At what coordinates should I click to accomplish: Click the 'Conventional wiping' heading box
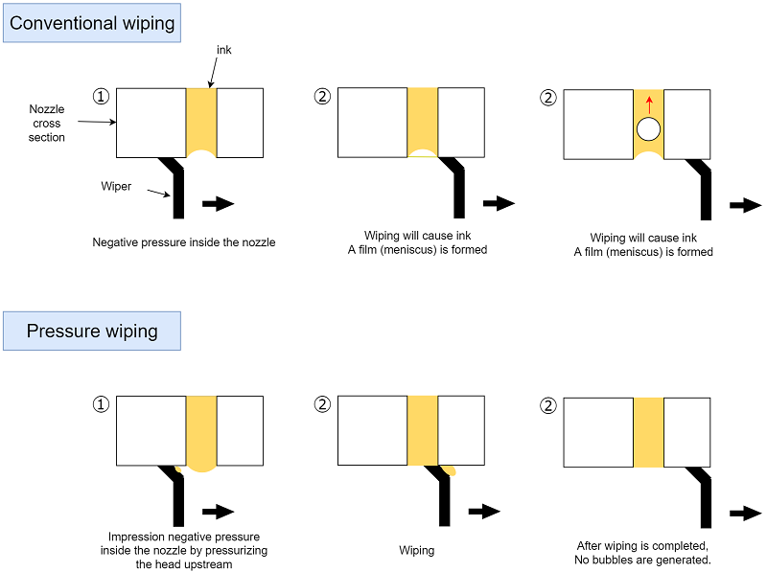92,23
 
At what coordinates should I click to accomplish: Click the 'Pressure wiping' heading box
92,331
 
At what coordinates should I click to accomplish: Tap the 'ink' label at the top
223,50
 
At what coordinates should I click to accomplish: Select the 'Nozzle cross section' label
47,124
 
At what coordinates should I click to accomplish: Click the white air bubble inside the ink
649,129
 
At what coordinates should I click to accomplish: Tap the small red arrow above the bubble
649,104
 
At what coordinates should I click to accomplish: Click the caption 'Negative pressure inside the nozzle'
184,242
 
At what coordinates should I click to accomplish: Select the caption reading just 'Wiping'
417,551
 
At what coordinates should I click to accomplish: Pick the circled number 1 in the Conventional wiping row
101,96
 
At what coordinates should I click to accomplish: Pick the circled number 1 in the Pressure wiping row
101,404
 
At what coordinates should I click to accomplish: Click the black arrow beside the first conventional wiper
219,203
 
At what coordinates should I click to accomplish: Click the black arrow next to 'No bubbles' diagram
745,514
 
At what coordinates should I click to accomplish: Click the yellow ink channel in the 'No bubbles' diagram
648,432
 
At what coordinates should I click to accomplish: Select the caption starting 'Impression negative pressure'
184,550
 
